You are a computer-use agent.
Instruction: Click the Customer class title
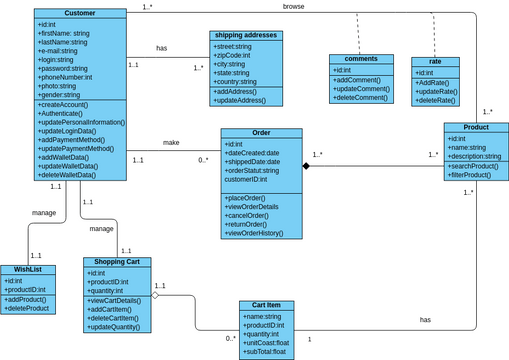tap(79, 13)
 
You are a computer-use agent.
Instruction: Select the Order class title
tap(261, 133)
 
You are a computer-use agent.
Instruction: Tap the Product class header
tap(476, 128)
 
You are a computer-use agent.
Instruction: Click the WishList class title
tap(27, 270)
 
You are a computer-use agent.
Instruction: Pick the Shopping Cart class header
tap(117, 262)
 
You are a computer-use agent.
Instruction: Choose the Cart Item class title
tap(266, 306)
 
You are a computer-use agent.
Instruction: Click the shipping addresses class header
tap(246, 35)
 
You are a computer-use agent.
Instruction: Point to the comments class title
tap(361, 59)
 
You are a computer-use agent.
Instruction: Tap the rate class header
tap(435, 62)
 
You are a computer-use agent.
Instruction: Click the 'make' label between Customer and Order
tap(171, 142)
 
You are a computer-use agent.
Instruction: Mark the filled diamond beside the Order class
tap(308, 165)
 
